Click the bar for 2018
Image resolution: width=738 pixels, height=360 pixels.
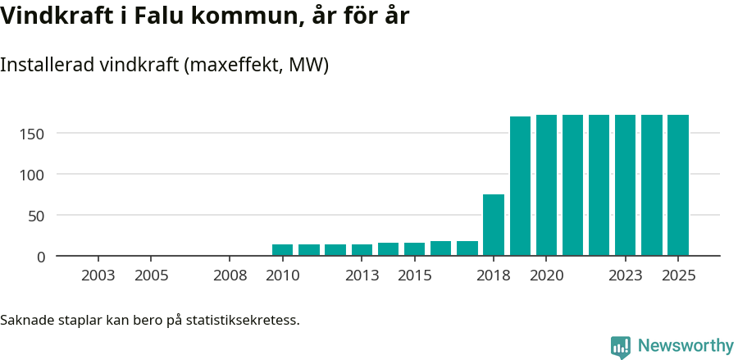point(494,225)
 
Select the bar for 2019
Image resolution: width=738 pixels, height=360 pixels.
point(520,186)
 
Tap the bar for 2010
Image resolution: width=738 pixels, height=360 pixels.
point(282,250)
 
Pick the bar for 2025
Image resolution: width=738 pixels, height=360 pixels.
point(678,185)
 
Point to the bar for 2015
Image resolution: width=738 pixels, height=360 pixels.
point(414,249)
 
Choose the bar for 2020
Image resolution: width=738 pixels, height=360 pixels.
point(546,185)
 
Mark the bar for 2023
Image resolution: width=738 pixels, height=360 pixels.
point(626,185)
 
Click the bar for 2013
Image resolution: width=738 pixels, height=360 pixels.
point(362,250)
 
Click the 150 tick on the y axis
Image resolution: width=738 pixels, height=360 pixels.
point(34,134)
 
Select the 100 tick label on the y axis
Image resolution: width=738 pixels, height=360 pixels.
point(34,175)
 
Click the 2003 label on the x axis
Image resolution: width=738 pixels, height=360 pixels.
point(98,276)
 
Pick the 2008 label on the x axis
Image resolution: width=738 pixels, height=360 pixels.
point(230,276)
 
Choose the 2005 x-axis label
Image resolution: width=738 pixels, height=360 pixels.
point(151,276)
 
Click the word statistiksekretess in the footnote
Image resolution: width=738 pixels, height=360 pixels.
point(242,319)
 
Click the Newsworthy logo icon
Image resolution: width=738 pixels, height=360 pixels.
point(621,347)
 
